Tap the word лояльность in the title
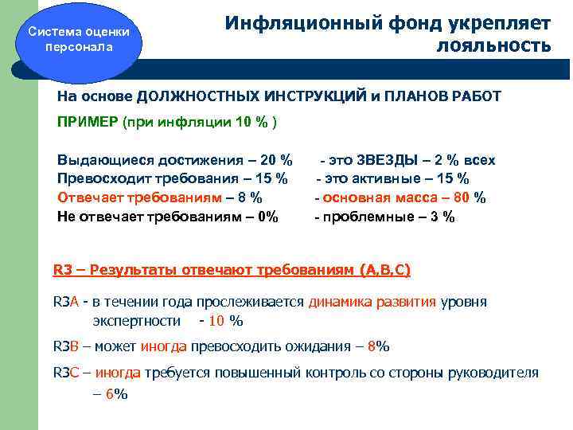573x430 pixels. pyautogui.click(x=493, y=45)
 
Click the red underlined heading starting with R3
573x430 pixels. pyautogui.click(x=232, y=270)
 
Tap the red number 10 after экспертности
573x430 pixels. pyautogui.click(x=217, y=321)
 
